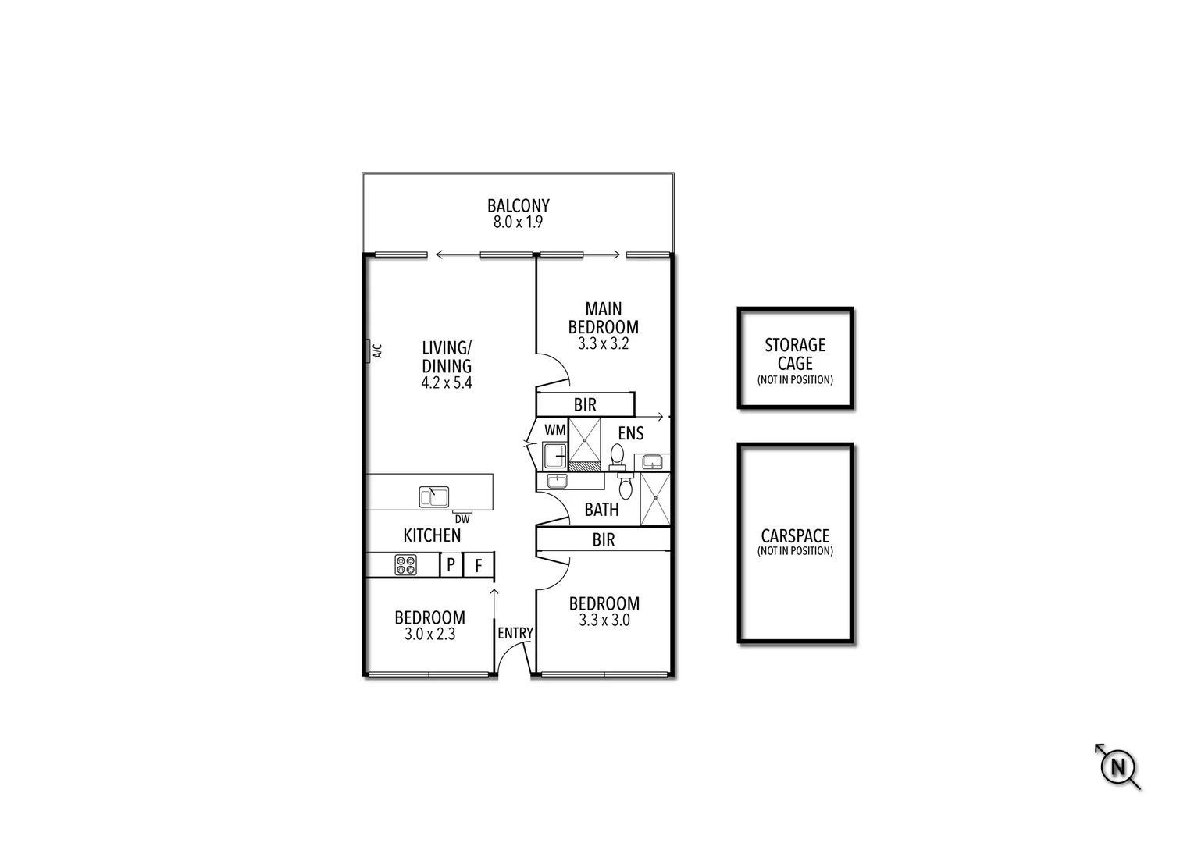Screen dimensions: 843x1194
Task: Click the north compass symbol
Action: pyautogui.click(x=1117, y=767)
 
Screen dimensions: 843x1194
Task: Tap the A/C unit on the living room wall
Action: pyautogui.click(x=367, y=351)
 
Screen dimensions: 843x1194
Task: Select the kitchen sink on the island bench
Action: pyautogui.click(x=433, y=496)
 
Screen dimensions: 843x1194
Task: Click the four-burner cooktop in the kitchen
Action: pyautogui.click(x=405, y=564)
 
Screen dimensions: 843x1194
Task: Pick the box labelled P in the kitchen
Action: pyautogui.click(x=451, y=564)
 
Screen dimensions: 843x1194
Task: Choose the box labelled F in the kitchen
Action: pyautogui.click(x=479, y=564)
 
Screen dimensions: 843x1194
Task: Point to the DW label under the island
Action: pyautogui.click(x=462, y=519)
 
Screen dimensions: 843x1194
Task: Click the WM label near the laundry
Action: pyautogui.click(x=554, y=430)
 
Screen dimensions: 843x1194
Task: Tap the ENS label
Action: pyautogui.click(x=630, y=433)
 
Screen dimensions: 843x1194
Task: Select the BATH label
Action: pyautogui.click(x=601, y=510)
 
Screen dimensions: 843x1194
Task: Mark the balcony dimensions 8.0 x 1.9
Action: pyautogui.click(x=518, y=222)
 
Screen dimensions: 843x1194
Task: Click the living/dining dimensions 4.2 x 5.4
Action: pyautogui.click(x=447, y=383)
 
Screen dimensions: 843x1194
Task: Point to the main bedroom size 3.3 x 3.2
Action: pyautogui.click(x=603, y=343)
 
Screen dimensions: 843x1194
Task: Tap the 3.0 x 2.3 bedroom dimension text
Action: pyautogui.click(x=429, y=635)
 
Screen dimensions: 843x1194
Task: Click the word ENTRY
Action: pyautogui.click(x=515, y=633)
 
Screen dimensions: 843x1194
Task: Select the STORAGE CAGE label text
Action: pyautogui.click(x=795, y=354)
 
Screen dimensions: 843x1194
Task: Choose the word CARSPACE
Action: pyautogui.click(x=795, y=536)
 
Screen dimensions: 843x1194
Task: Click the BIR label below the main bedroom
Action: pyautogui.click(x=585, y=404)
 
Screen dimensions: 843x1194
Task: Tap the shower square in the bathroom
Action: pyautogui.click(x=655, y=499)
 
